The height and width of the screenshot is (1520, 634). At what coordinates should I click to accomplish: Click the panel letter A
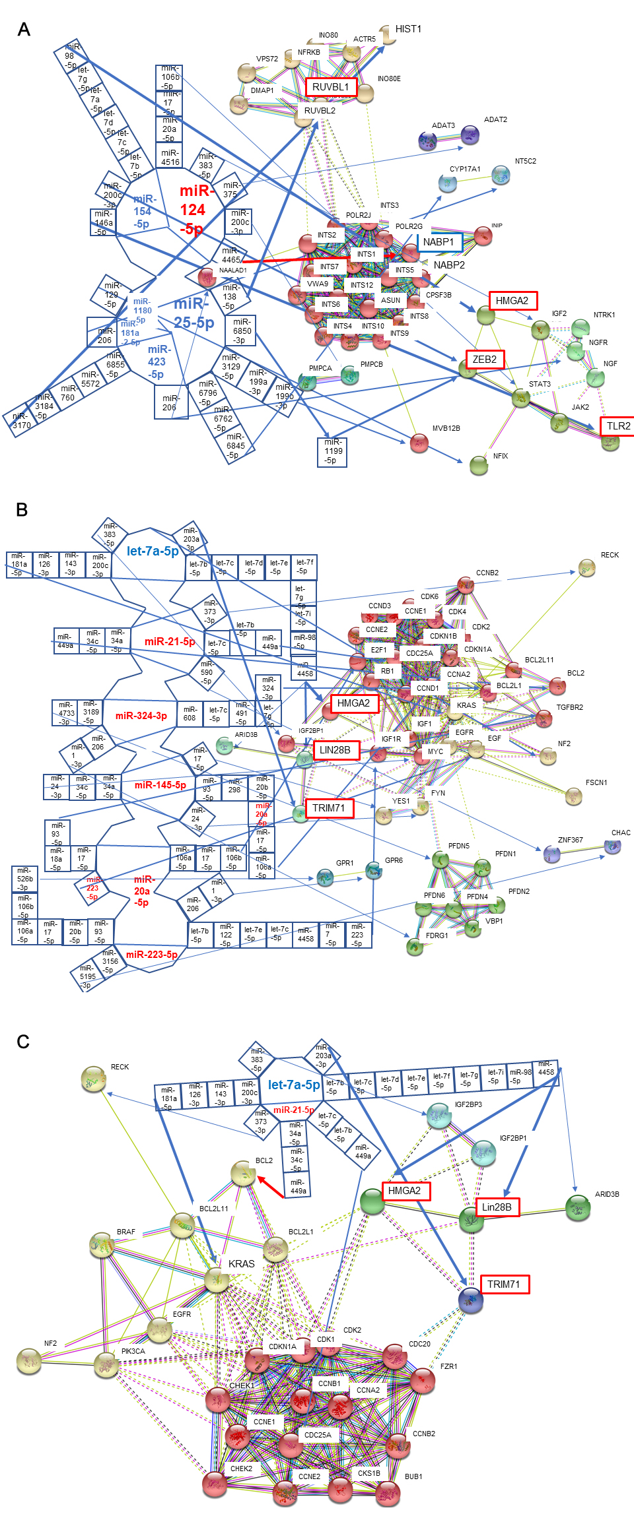(24, 30)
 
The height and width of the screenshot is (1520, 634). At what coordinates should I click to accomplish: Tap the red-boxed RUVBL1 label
(330, 87)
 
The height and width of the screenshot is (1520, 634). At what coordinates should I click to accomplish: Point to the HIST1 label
(408, 29)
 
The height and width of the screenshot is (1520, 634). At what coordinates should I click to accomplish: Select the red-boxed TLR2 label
(618, 426)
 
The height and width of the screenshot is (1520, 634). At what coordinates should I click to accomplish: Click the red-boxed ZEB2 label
(484, 360)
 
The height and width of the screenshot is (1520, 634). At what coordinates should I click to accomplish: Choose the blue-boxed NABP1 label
(439, 242)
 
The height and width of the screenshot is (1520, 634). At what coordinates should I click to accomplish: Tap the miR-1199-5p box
(333, 451)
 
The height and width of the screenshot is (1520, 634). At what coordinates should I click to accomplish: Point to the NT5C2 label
(526, 161)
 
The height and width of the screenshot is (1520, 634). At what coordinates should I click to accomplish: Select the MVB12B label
(446, 428)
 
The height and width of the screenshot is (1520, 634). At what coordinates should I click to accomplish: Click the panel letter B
(22, 510)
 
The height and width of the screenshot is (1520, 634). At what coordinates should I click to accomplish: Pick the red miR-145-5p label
(160, 785)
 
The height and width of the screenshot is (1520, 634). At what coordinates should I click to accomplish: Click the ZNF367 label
(571, 840)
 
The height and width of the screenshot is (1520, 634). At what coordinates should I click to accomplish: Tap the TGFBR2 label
(570, 707)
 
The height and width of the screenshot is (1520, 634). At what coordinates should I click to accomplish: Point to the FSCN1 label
(596, 782)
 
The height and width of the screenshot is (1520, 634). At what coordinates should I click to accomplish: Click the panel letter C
(23, 1042)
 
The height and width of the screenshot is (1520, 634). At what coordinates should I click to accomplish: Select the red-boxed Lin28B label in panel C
(497, 1207)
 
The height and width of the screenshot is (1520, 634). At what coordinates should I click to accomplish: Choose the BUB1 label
(413, 1476)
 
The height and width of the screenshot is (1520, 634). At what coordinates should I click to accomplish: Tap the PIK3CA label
(133, 1351)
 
